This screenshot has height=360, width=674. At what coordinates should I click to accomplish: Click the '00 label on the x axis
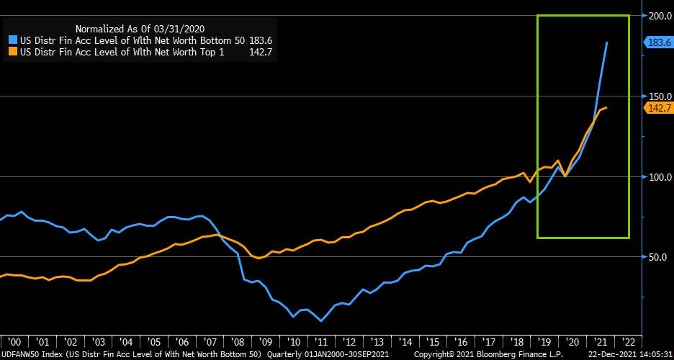[x=14, y=342]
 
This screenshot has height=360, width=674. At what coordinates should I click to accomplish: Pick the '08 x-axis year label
[x=238, y=342]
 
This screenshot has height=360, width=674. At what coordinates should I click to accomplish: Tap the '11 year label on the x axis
[x=321, y=342]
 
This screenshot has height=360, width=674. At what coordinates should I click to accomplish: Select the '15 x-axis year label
[x=433, y=342]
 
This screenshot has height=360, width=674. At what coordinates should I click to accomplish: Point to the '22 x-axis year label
[x=627, y=342]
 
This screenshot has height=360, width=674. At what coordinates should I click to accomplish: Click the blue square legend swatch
[x=12, y=40]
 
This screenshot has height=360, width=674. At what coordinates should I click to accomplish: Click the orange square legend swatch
[x=12, y=52]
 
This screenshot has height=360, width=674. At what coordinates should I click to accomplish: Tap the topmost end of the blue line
[x=607, y=42]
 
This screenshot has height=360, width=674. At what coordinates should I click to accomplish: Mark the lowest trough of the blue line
[x=320, y=320]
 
